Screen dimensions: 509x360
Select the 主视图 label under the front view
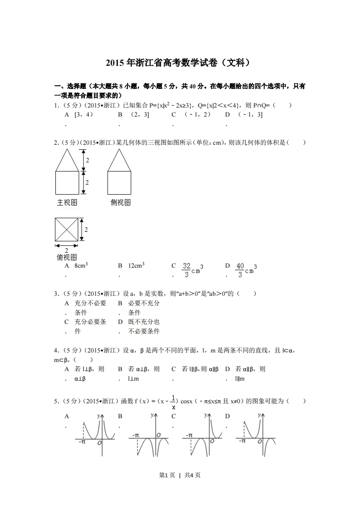point(67,203)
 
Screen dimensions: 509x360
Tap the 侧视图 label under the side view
point(120,203)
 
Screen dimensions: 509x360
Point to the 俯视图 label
point(67,257)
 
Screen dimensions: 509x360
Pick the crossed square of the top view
point(67,230)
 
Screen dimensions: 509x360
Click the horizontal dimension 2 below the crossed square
point(67,250)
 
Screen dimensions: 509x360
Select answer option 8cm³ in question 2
point(81,266)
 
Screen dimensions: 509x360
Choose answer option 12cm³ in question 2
point(136,266)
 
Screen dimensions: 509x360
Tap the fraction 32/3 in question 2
point(186,270)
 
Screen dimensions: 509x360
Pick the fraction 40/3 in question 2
point(240,270)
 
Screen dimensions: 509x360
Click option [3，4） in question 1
point(84,115)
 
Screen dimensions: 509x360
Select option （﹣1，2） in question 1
point(197,115)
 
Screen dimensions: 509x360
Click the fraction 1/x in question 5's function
point(174,401)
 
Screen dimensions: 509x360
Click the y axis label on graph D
point(259,415)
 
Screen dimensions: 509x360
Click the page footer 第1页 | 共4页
point(180,475)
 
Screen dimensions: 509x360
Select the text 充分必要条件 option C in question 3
point(90,327)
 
